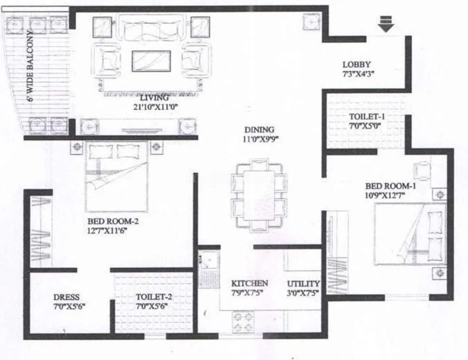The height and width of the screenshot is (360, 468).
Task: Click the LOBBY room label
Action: (357, 64)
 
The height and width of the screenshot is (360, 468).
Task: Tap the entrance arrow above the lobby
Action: (386, 24)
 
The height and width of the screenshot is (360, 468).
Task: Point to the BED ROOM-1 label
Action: (391, 186)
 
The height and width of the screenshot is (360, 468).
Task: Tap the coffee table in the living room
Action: (151, 60)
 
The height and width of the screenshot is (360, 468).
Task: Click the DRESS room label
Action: (66, 297)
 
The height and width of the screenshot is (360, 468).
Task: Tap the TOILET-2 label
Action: (151, 297)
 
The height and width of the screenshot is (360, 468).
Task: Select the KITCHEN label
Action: (250, 283)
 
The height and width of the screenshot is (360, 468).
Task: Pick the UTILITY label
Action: (303, 284)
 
